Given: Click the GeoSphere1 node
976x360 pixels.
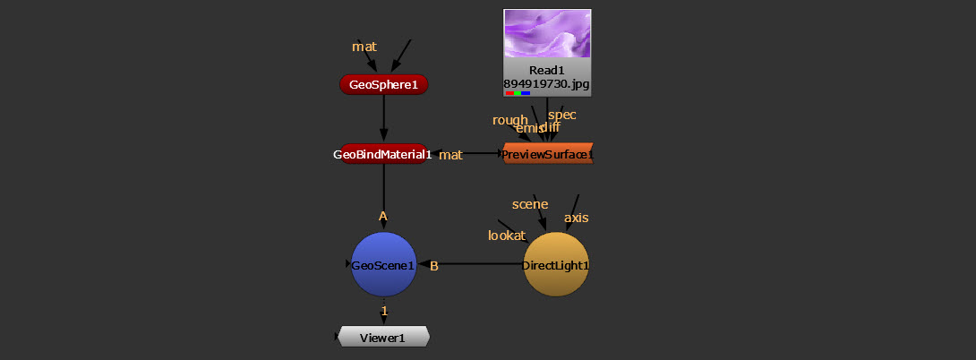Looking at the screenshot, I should click(x=383, y=84).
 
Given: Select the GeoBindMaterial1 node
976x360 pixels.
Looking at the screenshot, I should click(x=383, y=154).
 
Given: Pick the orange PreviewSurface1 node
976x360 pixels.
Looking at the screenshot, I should click(x=547, y=154).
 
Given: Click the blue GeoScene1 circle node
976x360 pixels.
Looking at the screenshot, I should click(x=383, y=264).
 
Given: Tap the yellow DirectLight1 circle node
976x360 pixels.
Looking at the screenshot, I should click(x=555, y=264).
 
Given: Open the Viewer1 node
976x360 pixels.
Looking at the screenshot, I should click(x=382, y=338).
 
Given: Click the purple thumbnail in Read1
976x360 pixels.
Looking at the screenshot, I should click(x=547, y=33).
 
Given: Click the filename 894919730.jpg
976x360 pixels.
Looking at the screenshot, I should click(x=547, y=83).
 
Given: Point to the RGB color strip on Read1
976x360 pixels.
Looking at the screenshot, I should click(x=518, y=93).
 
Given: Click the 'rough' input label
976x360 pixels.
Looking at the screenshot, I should click(x=510, y=120).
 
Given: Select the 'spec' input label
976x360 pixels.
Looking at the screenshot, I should click(x=562, y=114).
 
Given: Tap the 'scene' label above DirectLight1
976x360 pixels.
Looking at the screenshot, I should click(x=530, y=204).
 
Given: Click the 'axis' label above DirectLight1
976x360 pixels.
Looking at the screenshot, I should click(x=576, y=218).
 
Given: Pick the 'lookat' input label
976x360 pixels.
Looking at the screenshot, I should click(x=507, y=236).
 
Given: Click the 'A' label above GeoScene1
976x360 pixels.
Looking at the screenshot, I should click(x=383, y=216).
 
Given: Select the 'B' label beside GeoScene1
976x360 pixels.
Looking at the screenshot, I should click(x=434, y=266).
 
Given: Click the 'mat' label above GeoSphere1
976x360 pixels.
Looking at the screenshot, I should click(x=364, y=46).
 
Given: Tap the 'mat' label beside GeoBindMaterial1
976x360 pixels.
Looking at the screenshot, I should click(x=450, y=155).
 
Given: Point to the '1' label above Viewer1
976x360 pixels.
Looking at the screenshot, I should click(x=383, y=310).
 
